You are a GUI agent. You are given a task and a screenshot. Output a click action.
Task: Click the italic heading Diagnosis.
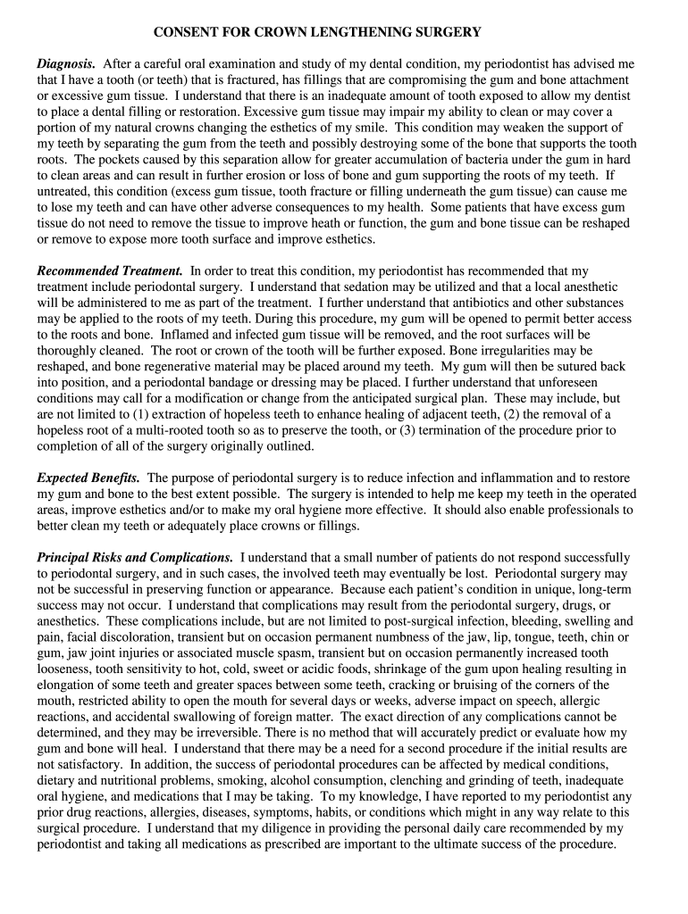pyautogui.click(x=66, y=64)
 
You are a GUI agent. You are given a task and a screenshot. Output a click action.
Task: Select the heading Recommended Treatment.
pyautogui.click(x=110, y=270)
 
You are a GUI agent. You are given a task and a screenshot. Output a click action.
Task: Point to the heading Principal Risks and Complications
pyautogui.click(x=135, y=557)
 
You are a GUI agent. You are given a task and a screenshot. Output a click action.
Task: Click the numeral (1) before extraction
pyautogui.click(x=141, y=415)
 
